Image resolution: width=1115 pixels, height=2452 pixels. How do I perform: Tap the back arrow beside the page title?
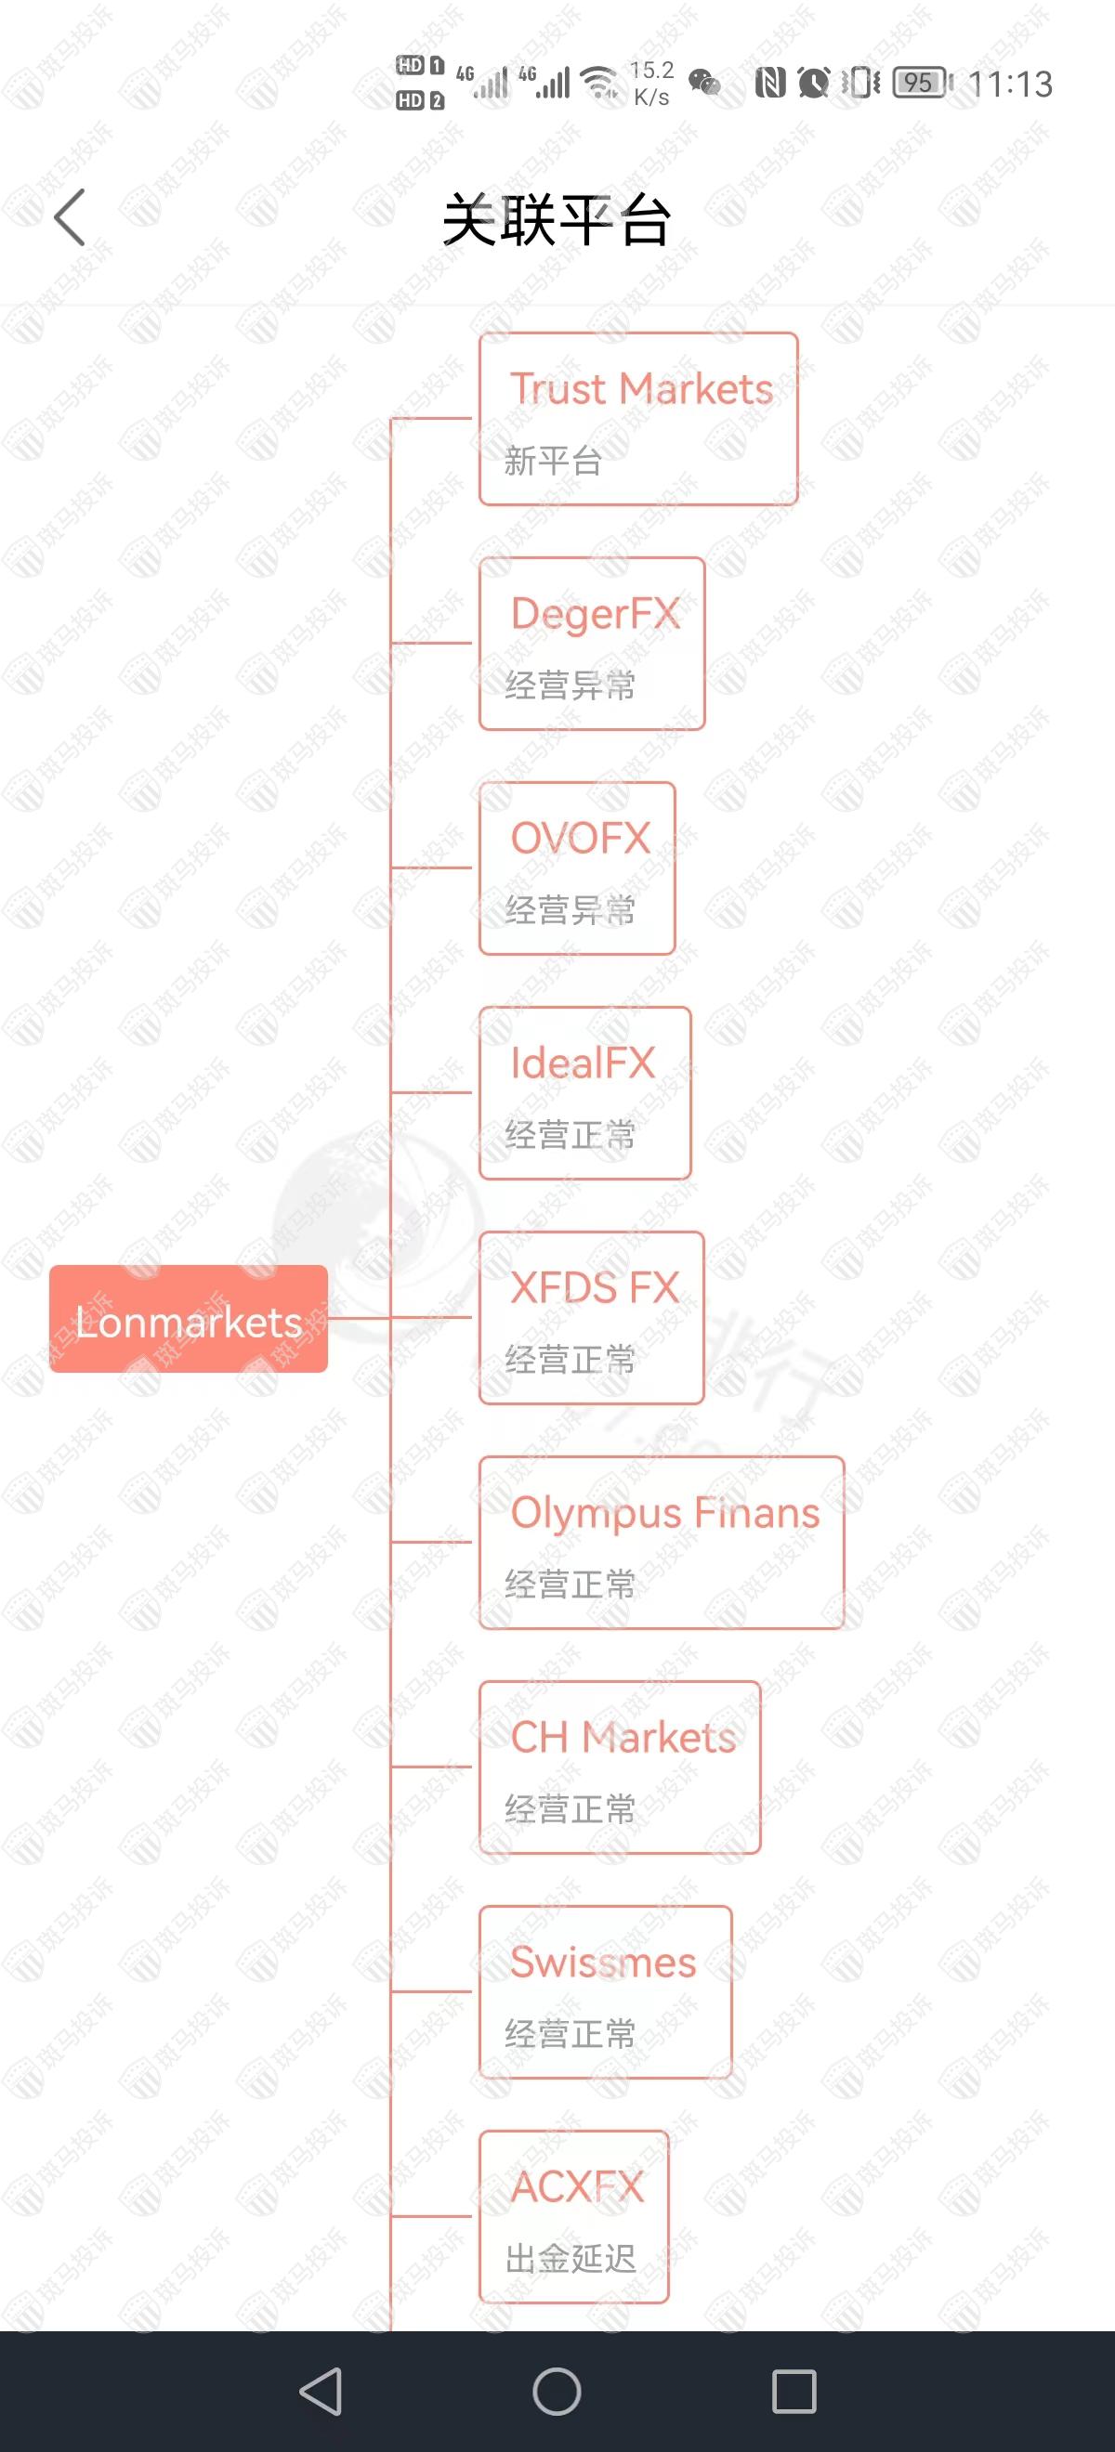pos(70,217)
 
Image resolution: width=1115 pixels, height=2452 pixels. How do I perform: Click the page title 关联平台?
pos(557,220)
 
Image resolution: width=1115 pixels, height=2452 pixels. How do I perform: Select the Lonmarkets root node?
pos(189,1319)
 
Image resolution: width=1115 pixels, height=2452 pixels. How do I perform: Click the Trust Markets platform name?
pos(641,388)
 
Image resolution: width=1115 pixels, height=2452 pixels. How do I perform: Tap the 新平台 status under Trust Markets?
pos(553,462)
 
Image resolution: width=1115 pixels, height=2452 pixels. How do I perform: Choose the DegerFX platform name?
pos(595,614)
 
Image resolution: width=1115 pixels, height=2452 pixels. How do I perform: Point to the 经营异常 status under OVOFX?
pos(570,910)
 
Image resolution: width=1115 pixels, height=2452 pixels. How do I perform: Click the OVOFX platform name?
pos(580,839)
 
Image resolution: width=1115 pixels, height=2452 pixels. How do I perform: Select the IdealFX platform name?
pos(583,1063)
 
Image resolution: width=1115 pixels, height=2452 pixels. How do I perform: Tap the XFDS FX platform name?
pos(594,1288)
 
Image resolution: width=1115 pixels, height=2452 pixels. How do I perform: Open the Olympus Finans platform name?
pos(664,1512)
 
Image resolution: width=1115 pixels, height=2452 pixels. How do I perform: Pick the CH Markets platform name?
pos(623,1737)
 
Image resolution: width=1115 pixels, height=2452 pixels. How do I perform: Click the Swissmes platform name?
pos(603,1962)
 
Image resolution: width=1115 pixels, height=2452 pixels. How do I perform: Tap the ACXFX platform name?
pos(577,2186)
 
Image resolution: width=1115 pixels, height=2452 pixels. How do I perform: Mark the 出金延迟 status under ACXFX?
pos(570,2258)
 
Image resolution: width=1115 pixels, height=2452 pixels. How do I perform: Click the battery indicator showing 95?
pos(921,84)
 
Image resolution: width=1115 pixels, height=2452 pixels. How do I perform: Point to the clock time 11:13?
pos(1010,85)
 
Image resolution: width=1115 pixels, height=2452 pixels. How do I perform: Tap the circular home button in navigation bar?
pos(557,2391)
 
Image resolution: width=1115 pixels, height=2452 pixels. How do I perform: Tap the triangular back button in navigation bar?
pos(321,2391)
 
